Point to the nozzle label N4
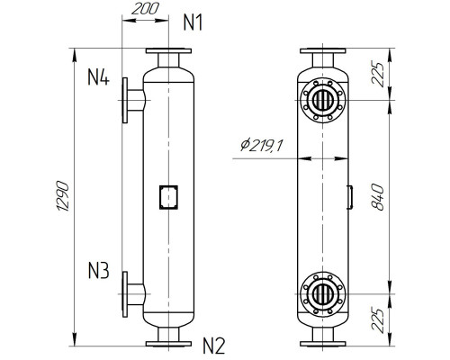pyautogui.click(x=98, y=78)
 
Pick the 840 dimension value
pyautogui.click(x=379, y=195)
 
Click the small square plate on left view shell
pyautogui.click(x=168, y=195)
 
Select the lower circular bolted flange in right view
pyautogui.click(x=323, y=293)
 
